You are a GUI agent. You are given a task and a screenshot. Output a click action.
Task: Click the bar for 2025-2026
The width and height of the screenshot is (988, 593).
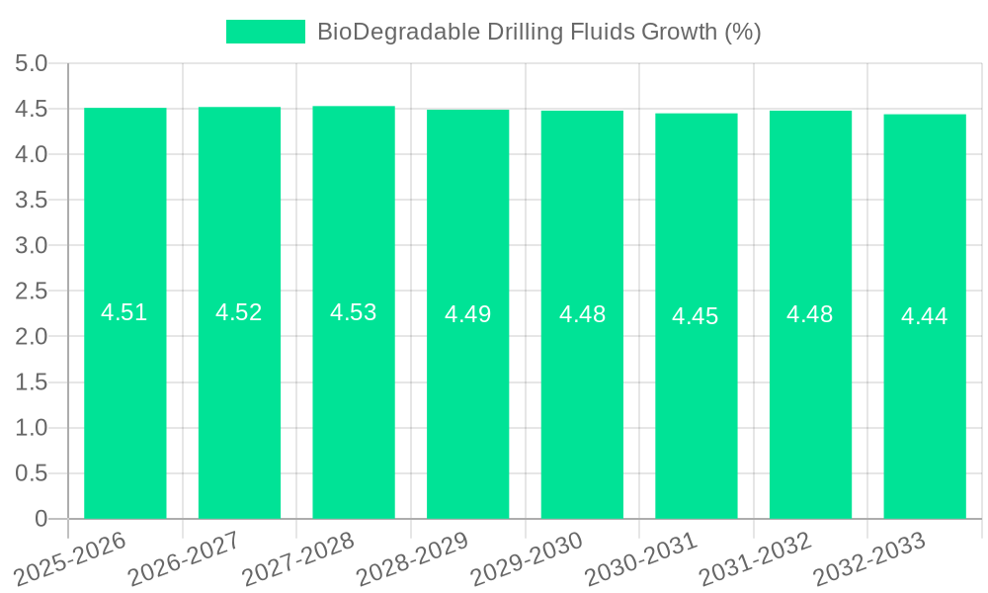coord(125,313)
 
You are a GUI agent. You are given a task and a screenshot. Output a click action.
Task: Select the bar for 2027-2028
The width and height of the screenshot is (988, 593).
coord(354,312)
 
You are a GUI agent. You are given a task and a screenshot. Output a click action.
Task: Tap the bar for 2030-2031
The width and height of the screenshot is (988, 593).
coord(696,316)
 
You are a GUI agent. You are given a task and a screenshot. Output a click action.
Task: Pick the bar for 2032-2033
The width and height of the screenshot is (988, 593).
coord(924,316)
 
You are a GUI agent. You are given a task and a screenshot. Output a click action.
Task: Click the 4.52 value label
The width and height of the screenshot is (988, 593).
coord(239,312)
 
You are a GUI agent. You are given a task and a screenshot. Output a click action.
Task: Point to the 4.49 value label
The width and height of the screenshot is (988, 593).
coord(467,314)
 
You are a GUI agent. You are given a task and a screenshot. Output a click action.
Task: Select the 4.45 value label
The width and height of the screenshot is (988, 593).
coord(696,316)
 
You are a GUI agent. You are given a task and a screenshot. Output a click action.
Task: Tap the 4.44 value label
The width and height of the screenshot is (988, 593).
coord(924,316)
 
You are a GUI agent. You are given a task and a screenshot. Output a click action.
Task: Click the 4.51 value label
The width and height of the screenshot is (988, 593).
coord(124,312)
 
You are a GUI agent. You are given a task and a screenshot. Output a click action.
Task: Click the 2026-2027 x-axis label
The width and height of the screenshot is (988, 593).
coord(184,557)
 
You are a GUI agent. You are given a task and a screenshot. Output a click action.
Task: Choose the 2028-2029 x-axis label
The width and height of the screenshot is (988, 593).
coord(412,557)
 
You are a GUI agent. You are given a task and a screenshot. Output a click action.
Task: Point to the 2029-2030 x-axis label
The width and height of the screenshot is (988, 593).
coord(527,557)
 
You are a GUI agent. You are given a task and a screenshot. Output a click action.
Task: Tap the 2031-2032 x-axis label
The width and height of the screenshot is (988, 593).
coord(755,557)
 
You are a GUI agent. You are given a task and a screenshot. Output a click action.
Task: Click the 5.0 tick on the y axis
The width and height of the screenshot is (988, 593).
coord(32,64)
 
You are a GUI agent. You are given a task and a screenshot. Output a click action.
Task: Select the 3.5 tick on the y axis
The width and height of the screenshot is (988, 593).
coord(32,201)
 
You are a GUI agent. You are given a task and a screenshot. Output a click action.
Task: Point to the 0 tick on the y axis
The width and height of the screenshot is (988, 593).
coord(41,519)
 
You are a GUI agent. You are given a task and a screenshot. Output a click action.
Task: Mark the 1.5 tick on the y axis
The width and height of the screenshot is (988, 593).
coord(32,382)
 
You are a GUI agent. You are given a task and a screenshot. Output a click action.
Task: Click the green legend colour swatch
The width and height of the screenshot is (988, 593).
coord(266,32)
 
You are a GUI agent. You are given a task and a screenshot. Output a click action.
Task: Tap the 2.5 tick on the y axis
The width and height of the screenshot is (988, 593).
coord(32,292)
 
